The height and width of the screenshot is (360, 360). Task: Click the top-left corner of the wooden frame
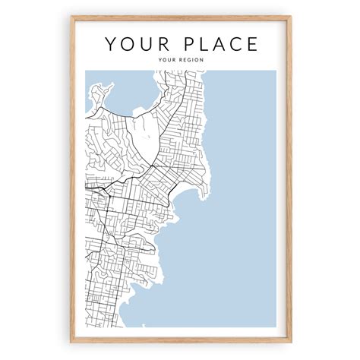click(71, 17)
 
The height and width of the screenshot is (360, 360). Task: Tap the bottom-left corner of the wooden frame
click(71, 343)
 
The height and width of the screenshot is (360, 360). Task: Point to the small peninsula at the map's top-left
click(96, 96)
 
